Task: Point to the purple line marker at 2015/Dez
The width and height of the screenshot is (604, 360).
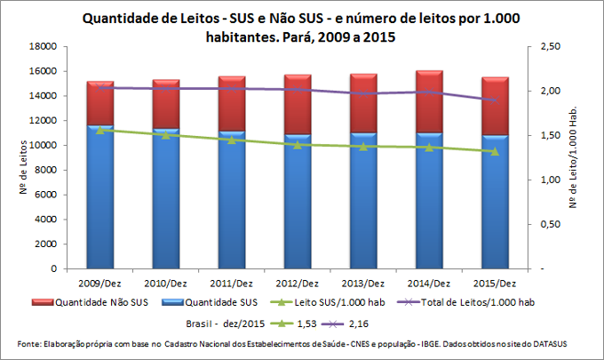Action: tap(495, 100)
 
